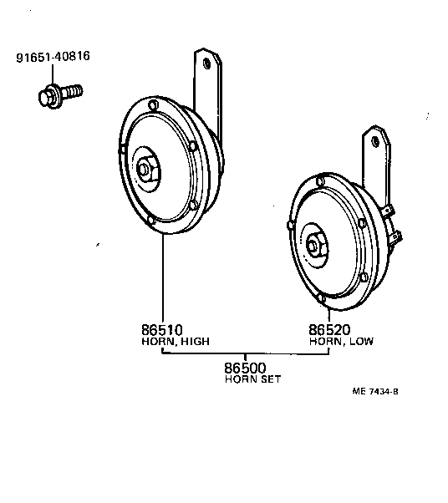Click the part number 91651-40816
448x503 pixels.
coord(53,58)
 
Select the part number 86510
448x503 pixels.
coord(162,329)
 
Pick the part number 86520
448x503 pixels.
coord(329,329)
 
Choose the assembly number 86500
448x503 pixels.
coord(245,367)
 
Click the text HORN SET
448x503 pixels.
coord(252,379)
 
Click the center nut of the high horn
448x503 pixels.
coord(145,170)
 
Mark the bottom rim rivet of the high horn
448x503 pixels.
coord(150,221)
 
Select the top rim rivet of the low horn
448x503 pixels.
coord(319,181)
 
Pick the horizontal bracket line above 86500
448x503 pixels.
coord(245,353)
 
